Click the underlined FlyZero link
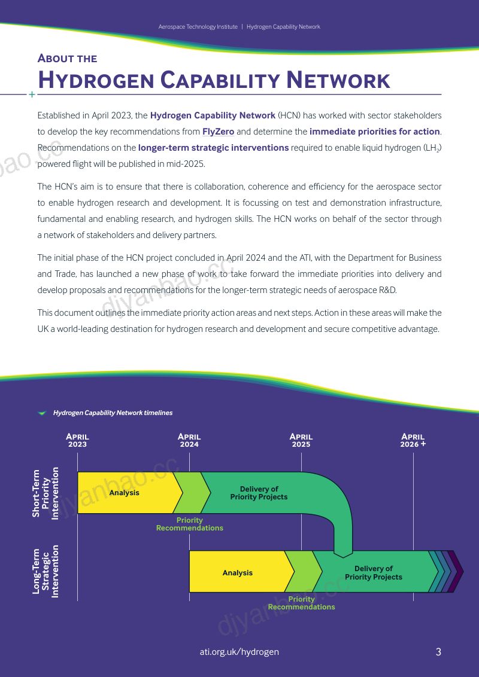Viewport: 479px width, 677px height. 219,132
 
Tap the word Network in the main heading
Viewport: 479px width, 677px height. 338,80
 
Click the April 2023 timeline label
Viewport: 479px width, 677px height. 77,440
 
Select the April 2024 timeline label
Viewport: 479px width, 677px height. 189,440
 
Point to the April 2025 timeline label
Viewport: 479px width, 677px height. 301,440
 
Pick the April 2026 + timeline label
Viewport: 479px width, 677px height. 413,440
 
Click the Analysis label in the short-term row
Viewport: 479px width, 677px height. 124,493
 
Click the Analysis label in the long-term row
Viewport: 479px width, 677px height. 237,573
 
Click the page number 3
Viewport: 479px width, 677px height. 438,652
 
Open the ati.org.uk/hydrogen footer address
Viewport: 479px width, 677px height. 239,652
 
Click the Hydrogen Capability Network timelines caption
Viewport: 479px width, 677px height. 113,413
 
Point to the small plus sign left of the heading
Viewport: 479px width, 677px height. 32,94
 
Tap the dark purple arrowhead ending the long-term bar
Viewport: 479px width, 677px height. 456,572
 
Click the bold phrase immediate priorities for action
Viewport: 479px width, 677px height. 374,132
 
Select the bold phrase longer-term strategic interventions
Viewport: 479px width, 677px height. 214,148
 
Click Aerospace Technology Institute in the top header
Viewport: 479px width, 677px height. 198,27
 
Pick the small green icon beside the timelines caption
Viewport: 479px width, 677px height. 42,413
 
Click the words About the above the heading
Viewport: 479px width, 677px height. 68,58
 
